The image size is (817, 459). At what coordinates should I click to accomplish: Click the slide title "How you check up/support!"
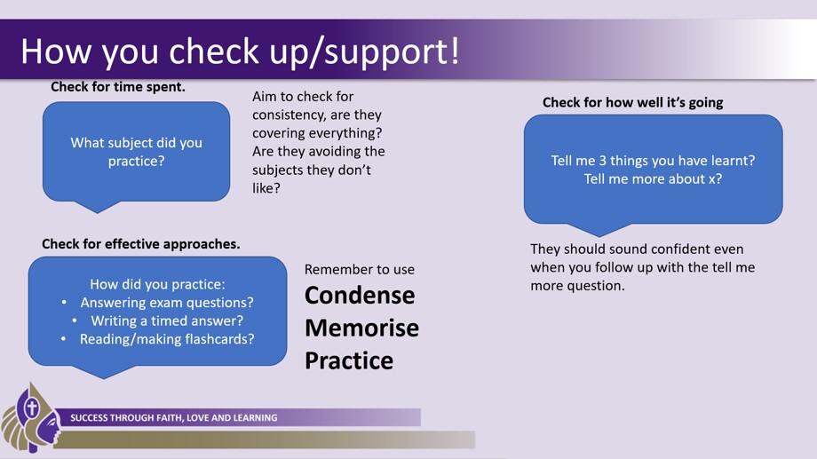[240, 51]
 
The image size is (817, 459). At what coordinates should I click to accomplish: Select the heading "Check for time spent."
[118, 86]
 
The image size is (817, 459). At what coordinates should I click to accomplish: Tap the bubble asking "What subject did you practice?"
[137, 152]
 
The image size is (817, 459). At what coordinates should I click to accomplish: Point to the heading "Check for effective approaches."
[140, 244]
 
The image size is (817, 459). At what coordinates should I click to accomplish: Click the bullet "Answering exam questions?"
[167, 303]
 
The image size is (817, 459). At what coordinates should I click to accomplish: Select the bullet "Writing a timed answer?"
[167, 321]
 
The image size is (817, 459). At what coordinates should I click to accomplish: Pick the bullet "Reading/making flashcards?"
[167, 339]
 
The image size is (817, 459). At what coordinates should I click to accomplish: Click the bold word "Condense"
[360, 296]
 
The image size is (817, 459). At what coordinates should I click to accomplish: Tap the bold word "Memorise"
[361, 328]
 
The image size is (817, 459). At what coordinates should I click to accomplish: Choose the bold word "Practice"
[349, 360]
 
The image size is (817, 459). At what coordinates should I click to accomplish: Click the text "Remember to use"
[360, 269]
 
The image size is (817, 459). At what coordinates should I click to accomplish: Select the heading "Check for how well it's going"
[632, 103]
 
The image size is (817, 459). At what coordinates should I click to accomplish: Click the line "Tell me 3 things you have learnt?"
[653, 161]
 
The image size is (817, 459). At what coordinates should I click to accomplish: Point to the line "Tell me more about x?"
[653, 178]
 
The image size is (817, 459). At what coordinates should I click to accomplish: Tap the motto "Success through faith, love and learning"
[173, 418]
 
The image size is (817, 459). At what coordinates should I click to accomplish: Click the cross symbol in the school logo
[32, 408]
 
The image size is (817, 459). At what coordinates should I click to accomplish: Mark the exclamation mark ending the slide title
[455, 51]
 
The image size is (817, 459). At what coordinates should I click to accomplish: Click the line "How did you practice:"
[157, 284]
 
